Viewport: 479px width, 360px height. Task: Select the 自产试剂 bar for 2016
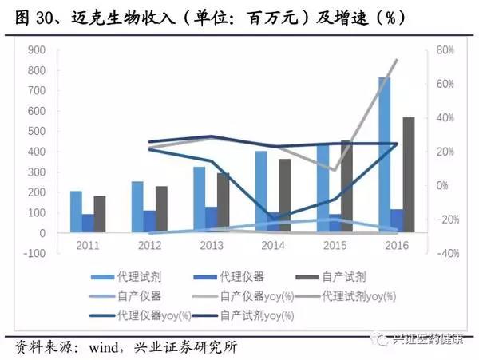click(x=408, y=175)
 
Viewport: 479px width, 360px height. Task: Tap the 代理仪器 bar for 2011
click(x=88, y=223)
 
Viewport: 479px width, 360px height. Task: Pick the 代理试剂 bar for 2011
click(x=76, y=212)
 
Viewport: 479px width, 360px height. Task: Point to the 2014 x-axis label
click(x=273, y=245)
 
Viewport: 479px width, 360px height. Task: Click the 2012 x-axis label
click(x=149, y=245)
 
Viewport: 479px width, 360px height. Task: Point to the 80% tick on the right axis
click(x=446, y=50)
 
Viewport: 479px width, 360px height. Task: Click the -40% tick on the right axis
click(x=445, y=253)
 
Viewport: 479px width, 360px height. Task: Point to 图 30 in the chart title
click(x=28, y=18)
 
